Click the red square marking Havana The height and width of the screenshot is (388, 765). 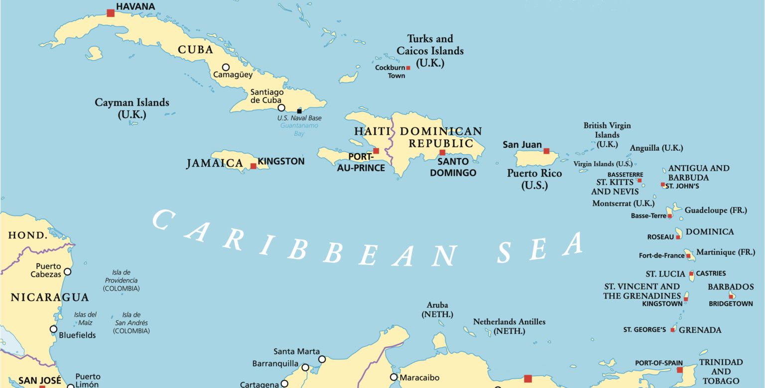point(111,13)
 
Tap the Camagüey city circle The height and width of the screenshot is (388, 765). point(226,67)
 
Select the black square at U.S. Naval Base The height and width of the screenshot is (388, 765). point(299,110)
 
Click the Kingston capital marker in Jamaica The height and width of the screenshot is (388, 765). point(253,166)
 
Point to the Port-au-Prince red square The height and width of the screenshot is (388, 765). point(376,151)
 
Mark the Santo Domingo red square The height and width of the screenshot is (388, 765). point(442,152)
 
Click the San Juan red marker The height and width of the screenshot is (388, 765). point(546,151)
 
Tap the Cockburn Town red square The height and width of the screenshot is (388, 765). point(408,68)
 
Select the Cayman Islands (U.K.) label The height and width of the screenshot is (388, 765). point(132,108)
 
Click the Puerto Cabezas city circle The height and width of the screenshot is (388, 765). point(67,272)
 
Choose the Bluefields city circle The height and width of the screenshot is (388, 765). point(53,329)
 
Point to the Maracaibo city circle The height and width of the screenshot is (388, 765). point(394,377)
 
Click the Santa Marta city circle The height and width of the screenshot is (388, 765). point(322,359)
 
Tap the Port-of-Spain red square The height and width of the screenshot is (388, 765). point(679,370)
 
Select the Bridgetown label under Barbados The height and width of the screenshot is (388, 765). point(731,303)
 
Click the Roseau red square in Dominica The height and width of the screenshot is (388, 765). point(678,237)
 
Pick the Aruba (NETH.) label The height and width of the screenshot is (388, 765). point(437,309)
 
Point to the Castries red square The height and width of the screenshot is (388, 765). point(691,274)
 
